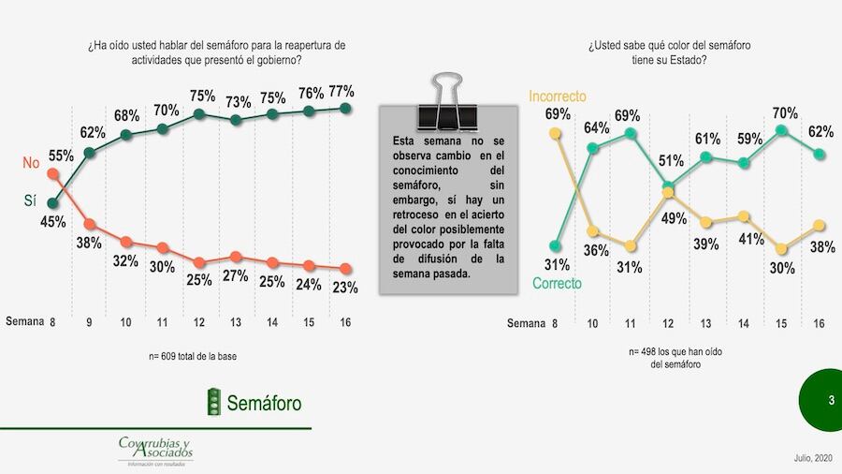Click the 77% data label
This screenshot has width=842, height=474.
tap(341, 91)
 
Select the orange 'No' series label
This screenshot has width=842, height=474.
tap(31, 163)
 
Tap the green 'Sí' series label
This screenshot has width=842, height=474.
tap(31, 200)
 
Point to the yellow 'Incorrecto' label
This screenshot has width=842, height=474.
tap(558, 96)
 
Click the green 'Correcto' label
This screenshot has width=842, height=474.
tap(557, 283)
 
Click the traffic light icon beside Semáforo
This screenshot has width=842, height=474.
tap(214, 402)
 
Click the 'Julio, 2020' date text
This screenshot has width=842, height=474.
tap(806, 457)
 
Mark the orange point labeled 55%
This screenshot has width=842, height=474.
tap(53, 173)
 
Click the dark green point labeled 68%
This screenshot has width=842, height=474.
tap(126, 134)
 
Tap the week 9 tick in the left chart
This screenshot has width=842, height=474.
tap(90, 322)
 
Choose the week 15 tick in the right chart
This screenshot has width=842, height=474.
tap(782, 324)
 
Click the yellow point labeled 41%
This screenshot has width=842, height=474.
tap(744, 216)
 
